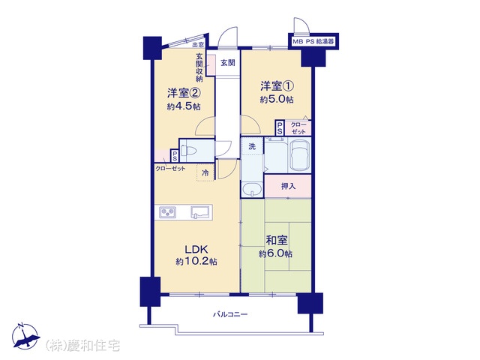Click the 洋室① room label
[277, 86]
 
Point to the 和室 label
[277, 241]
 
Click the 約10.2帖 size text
[196, 262]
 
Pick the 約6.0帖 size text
[275, 253]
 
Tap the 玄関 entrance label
[228, 63]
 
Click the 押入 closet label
[288, 186]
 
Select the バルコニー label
[230, 314]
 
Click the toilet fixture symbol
[187, 151]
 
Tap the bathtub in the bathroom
[300, 155]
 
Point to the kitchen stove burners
[167, 211]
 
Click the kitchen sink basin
[200, 211]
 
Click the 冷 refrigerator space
[205, 173]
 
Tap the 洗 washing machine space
[252, 147]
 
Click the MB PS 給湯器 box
[313, 42]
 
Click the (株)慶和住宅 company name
[82, 346]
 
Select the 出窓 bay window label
[198, 45]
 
